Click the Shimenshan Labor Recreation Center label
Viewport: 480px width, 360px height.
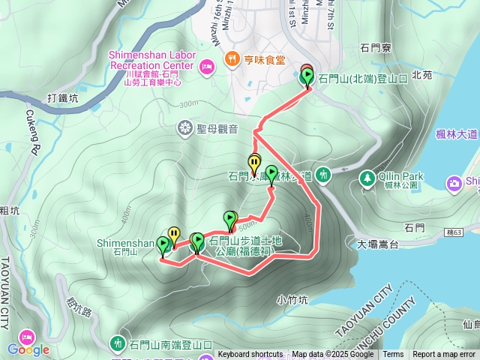(152, 60)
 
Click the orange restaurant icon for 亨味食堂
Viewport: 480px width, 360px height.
(232, 59)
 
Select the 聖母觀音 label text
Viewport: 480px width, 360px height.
(217, 129)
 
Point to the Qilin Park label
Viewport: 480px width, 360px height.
(401, 176)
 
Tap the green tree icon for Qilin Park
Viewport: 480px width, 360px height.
(367, 178)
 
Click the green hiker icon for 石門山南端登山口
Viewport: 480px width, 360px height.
(118, 343)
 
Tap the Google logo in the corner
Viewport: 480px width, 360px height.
(28, 349)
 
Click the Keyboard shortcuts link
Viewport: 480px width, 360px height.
(250, 355)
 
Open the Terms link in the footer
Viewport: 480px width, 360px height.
(393, 355)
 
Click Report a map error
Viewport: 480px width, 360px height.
(444, 355)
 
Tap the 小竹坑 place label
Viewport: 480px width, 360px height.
(292, 300)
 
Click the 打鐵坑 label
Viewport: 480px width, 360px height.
(62, 98)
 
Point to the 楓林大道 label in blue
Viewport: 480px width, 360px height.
(457, 134)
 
